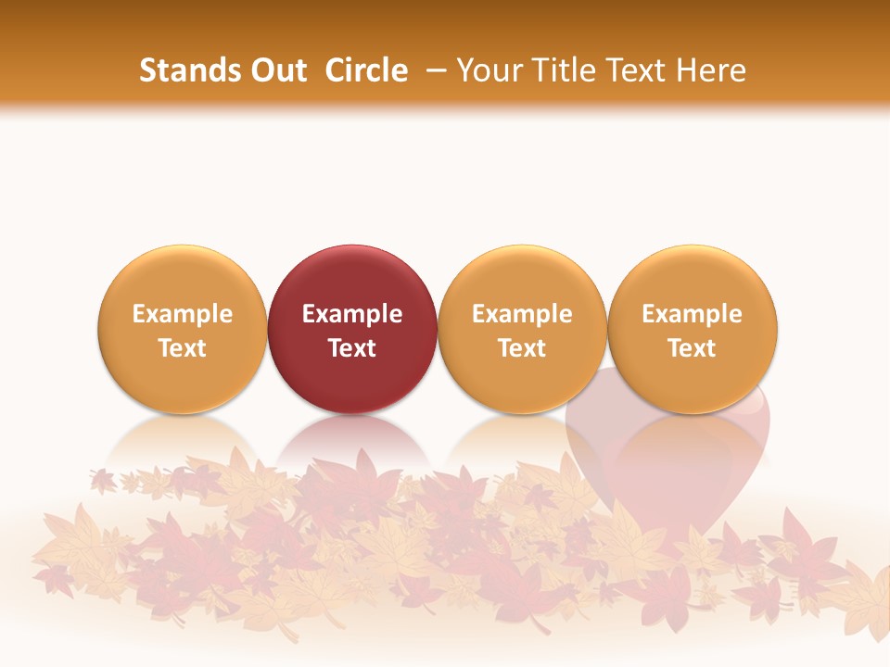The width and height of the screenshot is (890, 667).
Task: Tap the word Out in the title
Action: (x=277, y=70)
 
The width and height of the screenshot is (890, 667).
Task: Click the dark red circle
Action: (x=352, y=278)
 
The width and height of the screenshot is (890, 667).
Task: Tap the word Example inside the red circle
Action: (x=352, y=314)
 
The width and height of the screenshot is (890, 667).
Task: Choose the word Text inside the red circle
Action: (x=352, y=348)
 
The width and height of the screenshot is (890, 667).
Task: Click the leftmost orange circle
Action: (x=183, y=278)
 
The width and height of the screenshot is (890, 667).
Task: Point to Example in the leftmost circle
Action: (x=183, y=314)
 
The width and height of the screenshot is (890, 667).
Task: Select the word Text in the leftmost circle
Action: (x=183, y=348)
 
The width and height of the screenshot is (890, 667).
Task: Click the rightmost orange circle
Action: (x=693, y=278)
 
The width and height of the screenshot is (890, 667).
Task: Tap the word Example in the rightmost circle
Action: (x=693, y=314)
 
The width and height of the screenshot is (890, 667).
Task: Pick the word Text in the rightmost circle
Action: (x=693, y=348)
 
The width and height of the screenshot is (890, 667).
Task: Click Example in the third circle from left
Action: (x=522, y=314)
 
